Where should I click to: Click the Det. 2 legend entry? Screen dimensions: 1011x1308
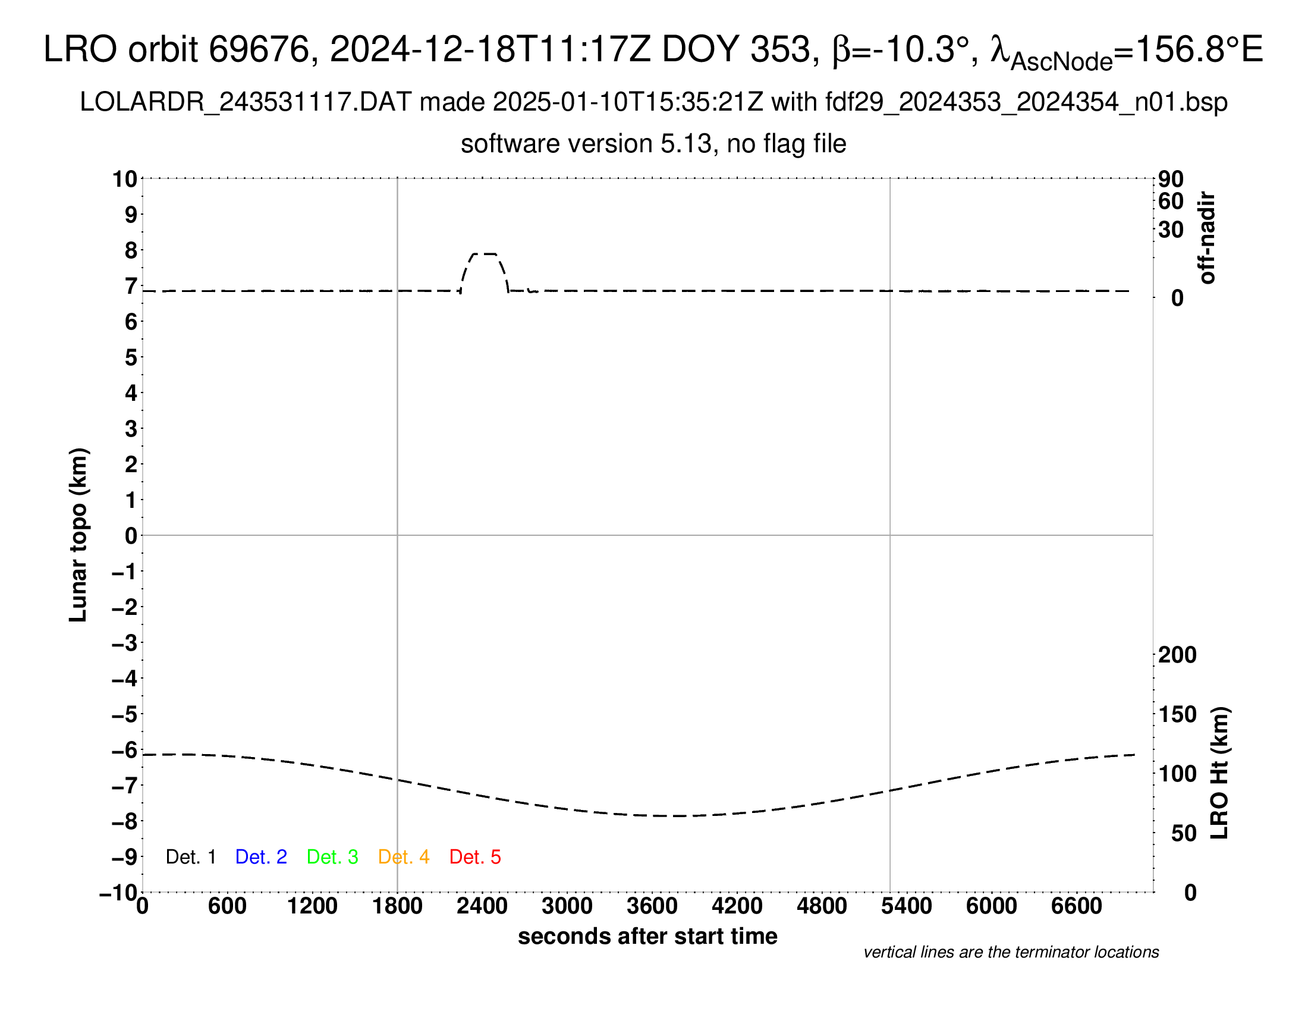click(x=261, y=857)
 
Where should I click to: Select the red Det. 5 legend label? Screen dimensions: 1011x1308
click(x=475, y=857)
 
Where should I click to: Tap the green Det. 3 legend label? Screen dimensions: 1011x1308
click(x=332, y=857)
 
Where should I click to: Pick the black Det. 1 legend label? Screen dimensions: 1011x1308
click(x=190, y=857)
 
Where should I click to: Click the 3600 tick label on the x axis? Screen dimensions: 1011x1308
click(x=652, y=906)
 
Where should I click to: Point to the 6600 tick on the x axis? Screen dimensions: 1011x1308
click(x=1076, y=906)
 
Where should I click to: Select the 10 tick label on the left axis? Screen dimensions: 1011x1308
click(x=125, y=179)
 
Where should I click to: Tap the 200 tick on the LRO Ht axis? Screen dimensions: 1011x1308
click(x=1177, y=655)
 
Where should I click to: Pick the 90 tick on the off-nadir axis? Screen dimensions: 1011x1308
click(x=1171, y=179)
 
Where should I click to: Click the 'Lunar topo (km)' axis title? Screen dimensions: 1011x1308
click(x=78, y=535)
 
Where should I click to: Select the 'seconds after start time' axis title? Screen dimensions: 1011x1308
click(x=647, y=936)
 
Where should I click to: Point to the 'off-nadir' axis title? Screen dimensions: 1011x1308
click(x=1207, y=238)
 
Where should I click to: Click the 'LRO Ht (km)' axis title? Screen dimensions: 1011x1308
click(x=1219, y=773)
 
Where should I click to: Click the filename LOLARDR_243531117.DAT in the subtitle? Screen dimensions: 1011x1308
click(x=246, y=102)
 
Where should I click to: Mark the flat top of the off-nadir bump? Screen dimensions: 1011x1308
click(x=485, y=254)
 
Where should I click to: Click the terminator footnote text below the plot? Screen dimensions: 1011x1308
click(x=1011, y=952)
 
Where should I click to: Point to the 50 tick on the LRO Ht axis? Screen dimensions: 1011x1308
click(x=1183, y=833)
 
